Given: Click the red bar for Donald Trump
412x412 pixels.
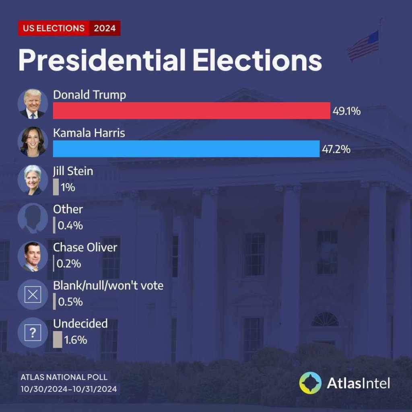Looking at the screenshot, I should click(192, 111).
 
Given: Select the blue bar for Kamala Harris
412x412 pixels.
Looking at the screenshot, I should click(186, 149).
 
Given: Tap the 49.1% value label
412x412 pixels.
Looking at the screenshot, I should click(346, 111).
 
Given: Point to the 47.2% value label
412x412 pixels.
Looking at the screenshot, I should click(336, 150).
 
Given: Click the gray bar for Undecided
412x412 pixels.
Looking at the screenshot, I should click(58, 339).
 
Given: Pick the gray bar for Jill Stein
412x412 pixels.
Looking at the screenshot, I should click(56, 187).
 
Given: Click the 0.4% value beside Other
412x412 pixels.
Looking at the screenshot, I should click(70, 226).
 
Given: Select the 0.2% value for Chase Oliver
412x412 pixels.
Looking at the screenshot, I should click(69, 264).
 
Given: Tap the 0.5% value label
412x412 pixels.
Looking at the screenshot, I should click(70, 302).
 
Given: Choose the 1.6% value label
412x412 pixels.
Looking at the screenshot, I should click(76, 340).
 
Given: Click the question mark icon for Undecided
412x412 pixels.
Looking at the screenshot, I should click(33, 333).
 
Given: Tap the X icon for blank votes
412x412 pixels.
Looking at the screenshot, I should click(33, 295).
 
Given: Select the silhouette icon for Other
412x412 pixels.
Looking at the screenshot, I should click(33, 218).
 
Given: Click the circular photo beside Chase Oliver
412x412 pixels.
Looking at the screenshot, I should click(33, 256).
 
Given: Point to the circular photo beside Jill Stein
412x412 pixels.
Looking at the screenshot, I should click(33, 180).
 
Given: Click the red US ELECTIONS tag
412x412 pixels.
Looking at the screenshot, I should click(54, 28).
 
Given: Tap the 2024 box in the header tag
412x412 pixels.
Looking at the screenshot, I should click(105, 28).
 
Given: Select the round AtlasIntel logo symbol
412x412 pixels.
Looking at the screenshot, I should click(310, 383).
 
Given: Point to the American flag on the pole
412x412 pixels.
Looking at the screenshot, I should click(363, 45).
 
